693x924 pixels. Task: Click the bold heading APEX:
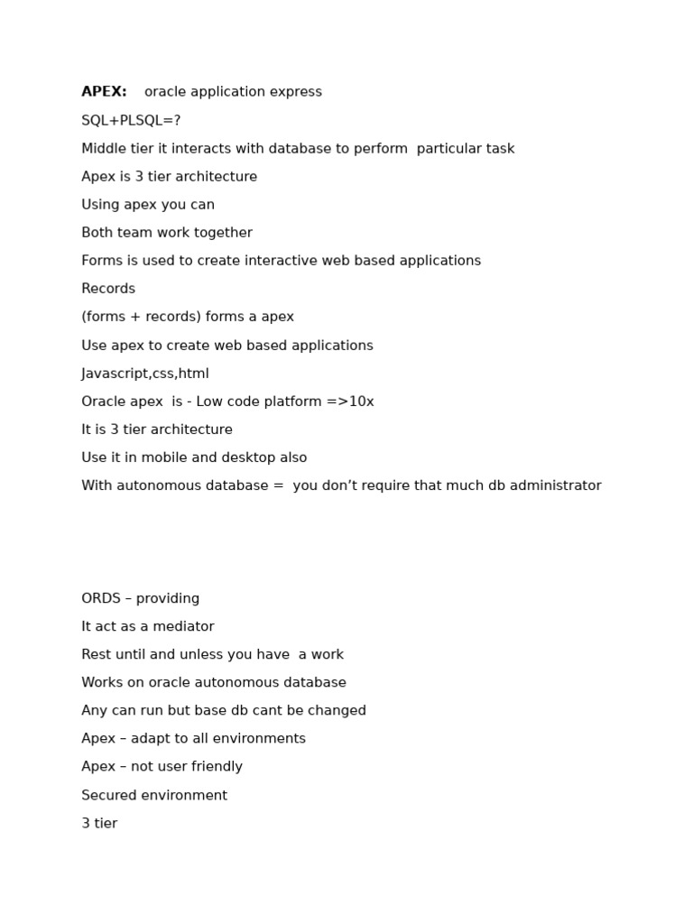104,92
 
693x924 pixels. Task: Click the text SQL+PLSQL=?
131,121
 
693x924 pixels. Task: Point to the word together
225,233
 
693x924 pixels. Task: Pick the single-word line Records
108,289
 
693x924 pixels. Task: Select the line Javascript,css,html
145,374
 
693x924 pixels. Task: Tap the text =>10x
350,402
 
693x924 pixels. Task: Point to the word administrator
555,485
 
